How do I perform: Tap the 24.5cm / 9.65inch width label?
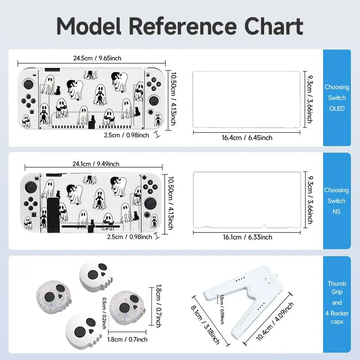tap(98, 58)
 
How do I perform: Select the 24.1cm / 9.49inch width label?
tap(97, 164)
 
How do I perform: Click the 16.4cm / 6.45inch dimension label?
tap(247, 137)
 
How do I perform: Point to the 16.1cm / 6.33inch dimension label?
tap(247, 237)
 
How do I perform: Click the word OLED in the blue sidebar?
tap(337, 108)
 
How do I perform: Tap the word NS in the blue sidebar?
tap(337, 211)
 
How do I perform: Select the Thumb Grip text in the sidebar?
tap(337, 288)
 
